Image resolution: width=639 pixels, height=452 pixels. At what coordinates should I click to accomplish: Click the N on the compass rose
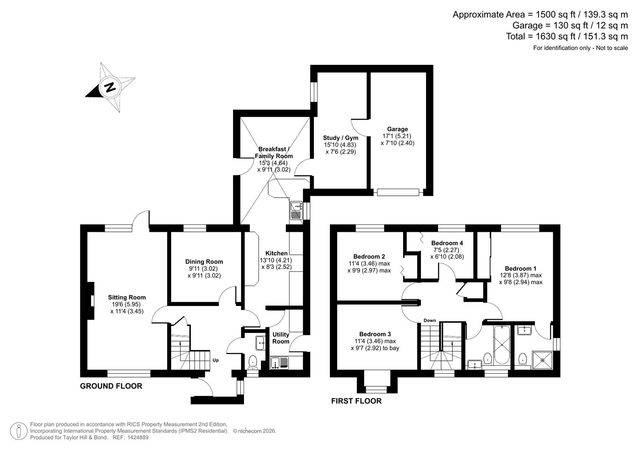coord(110,87)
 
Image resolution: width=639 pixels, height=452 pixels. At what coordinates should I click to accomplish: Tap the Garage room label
coord(397,129)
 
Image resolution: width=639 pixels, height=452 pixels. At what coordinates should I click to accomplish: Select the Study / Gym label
coord(341,138)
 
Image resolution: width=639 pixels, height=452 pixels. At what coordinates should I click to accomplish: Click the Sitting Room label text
coord(127,298)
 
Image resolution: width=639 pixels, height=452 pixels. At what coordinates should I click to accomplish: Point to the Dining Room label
coord(204,262)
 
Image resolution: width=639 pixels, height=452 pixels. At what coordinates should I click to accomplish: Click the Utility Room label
coord(281,338)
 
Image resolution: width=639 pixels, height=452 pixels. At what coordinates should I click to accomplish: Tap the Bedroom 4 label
coord(447,243)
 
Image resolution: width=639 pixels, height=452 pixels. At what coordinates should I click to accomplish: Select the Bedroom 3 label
coord(375,334)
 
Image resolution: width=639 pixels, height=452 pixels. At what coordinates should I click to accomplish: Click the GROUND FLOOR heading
coord(111,386)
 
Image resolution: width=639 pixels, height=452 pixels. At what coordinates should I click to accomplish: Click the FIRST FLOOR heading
coord(356,401)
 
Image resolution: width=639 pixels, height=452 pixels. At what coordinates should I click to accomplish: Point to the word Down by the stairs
coord(430,321)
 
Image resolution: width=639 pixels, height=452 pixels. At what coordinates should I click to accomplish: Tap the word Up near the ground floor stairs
coord(216,360)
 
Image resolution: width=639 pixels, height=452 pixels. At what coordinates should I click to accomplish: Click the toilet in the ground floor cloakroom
coord(253,361)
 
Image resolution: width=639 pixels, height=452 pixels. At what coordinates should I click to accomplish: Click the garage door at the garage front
coord(398,192)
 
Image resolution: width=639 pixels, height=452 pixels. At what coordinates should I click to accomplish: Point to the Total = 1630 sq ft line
coord(567,36)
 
